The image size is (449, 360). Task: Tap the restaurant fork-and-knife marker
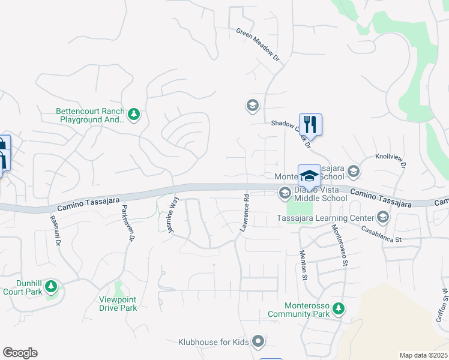click(x=310, y=124)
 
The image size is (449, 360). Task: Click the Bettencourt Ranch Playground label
click(x=90, y=115)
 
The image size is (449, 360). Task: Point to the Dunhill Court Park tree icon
click(x=51, y=284)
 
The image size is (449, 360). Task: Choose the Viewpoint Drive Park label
click(x=118, y=304)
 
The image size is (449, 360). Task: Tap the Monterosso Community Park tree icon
click(x=339, y=308)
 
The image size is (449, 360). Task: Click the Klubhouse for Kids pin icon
click(x=258, y=341)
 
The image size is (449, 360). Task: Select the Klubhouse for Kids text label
click(x=213, y=343)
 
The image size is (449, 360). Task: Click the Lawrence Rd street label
click(x=245, y=213)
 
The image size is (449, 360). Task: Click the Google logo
click(x=20, y=353)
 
